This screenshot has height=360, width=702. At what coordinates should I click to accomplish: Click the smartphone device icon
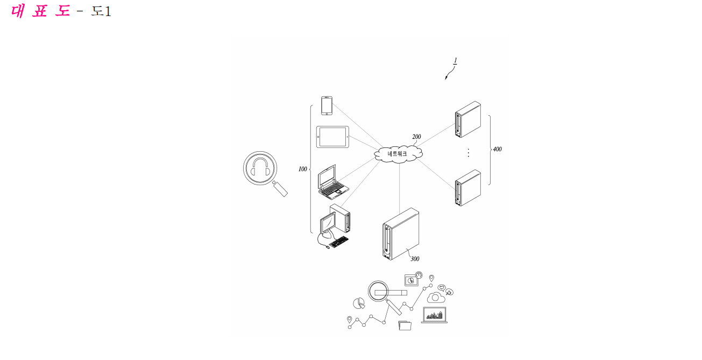pos(327,105)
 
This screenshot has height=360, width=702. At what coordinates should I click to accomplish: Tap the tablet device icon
pos(332,137)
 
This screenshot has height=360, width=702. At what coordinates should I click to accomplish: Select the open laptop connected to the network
pos(333,182)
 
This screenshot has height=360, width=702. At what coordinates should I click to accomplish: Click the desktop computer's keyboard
pos(339,242)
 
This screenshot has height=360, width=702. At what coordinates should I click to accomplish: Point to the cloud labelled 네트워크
pos(398,154)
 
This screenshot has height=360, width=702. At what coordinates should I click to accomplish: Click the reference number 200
pos(416,137)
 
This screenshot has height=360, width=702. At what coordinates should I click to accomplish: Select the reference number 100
pos(303,169)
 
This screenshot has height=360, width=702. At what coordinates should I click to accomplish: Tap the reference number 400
pos(498,149)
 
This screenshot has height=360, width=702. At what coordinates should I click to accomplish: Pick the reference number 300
pos(415,259)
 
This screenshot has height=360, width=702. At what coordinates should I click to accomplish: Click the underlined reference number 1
pos(456,60)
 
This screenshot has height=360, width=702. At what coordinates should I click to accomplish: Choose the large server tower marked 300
pos(401,234)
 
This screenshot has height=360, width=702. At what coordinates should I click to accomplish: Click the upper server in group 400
pos(468,119)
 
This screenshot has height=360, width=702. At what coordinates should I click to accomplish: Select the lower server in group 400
pos(468,188)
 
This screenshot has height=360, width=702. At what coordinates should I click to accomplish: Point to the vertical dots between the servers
pos(468,153)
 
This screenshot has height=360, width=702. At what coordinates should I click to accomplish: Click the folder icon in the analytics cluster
pos(405,325)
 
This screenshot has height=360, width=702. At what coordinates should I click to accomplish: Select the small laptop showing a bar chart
pos(434,315)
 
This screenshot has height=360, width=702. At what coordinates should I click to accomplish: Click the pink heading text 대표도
pos(40,11)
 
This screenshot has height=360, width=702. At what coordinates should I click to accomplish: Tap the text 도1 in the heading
pos(101,11)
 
